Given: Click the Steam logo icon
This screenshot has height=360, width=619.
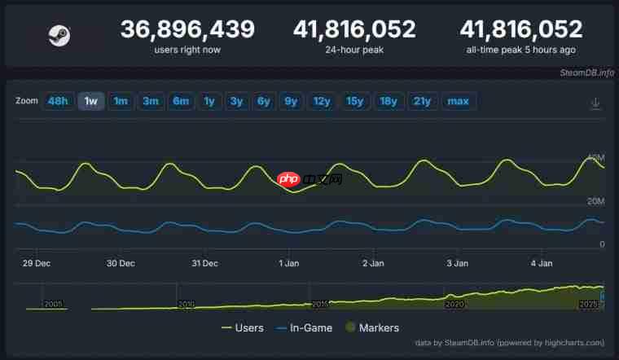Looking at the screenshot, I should [59, 35].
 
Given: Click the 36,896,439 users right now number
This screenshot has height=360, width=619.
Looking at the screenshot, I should [187, 30].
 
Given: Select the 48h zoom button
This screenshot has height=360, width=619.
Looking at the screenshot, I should [58, 101].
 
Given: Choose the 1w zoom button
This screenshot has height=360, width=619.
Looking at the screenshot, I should [91, 101].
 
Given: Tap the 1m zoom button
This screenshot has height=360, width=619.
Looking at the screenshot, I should [121, 101].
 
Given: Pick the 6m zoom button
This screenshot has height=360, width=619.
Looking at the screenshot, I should [180, 101].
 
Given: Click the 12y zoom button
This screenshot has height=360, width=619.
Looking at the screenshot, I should [322, 101].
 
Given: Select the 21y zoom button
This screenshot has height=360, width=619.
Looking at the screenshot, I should [422, 101].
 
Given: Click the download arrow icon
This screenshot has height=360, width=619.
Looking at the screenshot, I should [595, 103].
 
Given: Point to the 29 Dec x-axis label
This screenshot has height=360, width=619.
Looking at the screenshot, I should [37, 263].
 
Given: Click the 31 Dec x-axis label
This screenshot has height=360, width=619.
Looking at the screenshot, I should [204, 263].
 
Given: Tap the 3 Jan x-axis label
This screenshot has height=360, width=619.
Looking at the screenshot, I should [457, 263].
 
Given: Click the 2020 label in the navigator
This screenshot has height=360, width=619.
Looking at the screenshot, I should [454, 304].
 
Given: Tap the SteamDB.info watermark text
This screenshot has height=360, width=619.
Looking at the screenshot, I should [586, 72].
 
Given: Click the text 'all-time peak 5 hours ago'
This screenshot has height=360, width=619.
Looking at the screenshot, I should [521, 50].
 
